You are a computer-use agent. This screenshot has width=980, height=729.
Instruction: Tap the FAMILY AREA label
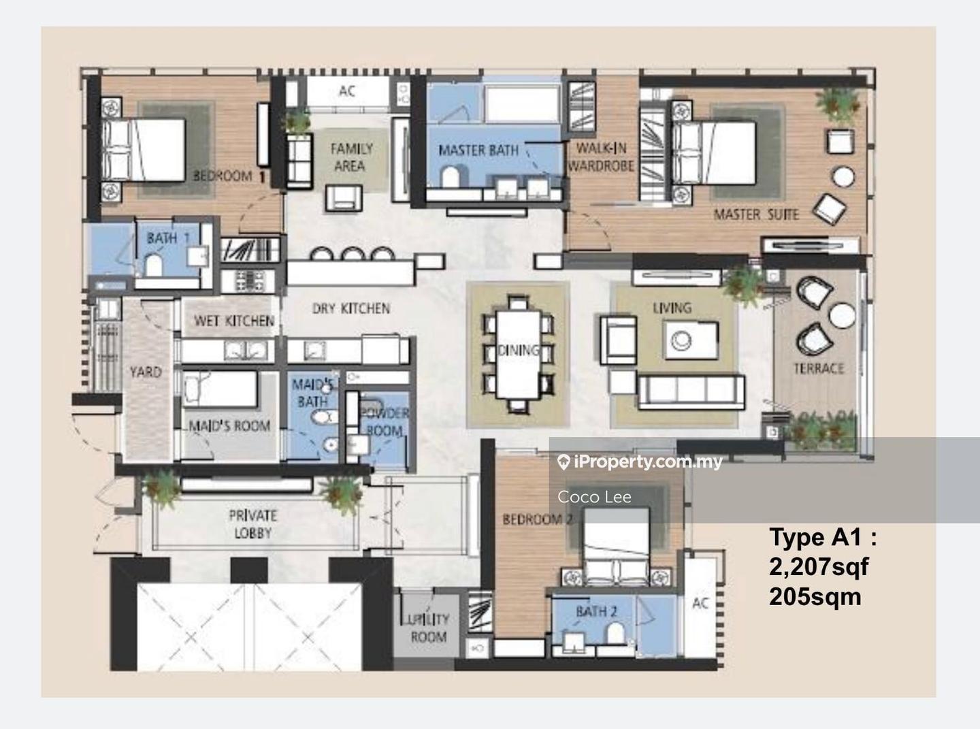coord(351,157)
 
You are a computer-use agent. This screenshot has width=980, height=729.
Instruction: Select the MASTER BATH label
coord(478,150)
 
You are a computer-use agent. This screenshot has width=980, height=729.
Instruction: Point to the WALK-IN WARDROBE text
coord(601,157)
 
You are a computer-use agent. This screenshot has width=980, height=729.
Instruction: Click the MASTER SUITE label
coord(756,215)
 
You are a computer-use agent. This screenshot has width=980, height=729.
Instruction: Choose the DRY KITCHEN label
coord(351,308)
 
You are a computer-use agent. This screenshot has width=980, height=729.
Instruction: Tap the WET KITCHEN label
coord(233,321)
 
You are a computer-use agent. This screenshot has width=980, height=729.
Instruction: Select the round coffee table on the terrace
coord(842,316)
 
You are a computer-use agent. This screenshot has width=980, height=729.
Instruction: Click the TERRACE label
coord(819,368)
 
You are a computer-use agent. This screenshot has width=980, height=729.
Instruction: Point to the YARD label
coord(146,372)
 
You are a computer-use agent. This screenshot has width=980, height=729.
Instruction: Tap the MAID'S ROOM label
coord(229,425)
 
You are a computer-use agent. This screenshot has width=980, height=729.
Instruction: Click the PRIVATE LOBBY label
coord(252,524)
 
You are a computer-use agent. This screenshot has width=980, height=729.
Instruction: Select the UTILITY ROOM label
coord(428,628)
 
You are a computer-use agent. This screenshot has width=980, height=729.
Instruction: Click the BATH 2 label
coord(596,611)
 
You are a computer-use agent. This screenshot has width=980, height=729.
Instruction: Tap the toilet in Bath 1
coord(154,265)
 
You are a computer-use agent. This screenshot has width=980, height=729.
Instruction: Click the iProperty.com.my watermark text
coord(640,462)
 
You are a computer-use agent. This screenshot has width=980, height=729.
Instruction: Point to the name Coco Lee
coord(594,497)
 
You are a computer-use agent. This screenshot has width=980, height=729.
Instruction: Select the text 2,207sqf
coord(819,567)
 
